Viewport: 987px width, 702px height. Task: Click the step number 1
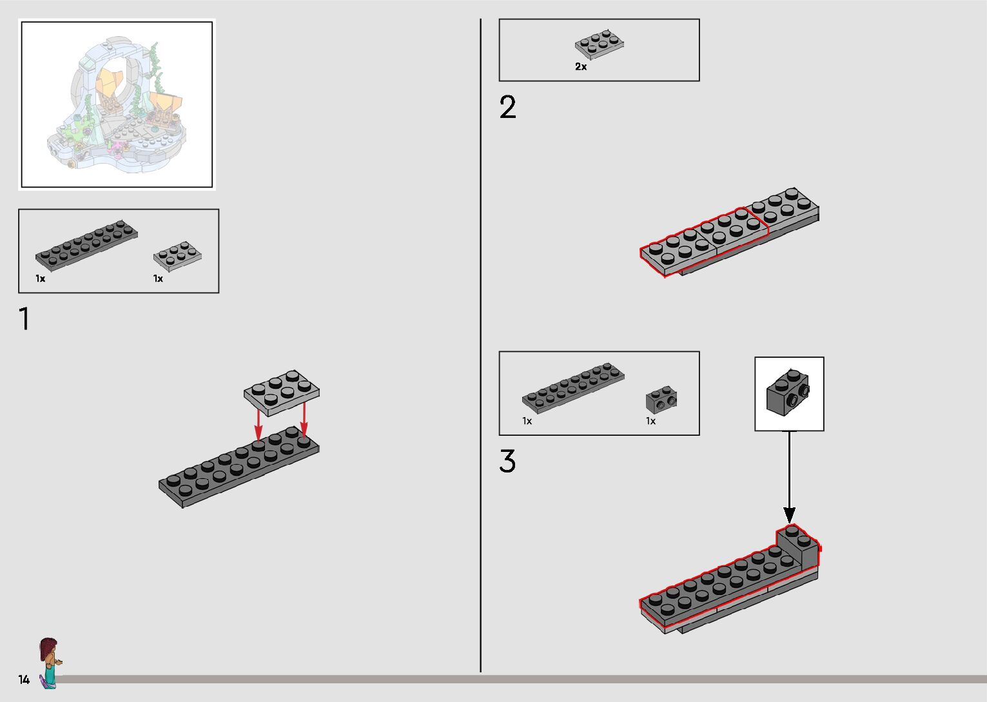(25, 320)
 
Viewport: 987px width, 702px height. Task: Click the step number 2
(508, 108)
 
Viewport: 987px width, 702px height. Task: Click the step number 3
(507, 462)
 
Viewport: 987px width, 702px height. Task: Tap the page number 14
(24, 679)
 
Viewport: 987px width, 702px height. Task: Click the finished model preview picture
(117, 105)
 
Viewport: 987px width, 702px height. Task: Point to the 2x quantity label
(581, 66)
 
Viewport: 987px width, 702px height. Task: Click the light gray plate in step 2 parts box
(599, 44)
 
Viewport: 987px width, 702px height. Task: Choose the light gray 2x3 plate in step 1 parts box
(178, 255)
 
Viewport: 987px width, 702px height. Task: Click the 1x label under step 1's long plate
(41, 278)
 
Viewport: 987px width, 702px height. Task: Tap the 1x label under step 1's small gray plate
(158, 278)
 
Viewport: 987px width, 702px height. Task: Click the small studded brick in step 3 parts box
(661, 400)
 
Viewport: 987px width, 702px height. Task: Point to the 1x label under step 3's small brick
(650, 421)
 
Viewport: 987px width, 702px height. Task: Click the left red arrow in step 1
(258, 423)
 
